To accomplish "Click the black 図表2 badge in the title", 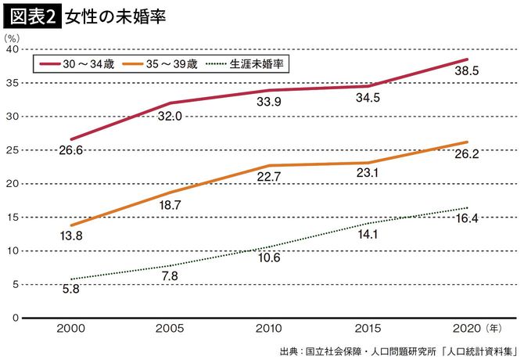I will pos(33,16).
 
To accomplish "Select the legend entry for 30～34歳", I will pos(78,64).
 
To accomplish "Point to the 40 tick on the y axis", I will pos(12,49).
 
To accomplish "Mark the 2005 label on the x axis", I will pos(171,328).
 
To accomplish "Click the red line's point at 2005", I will pos(170,103).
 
